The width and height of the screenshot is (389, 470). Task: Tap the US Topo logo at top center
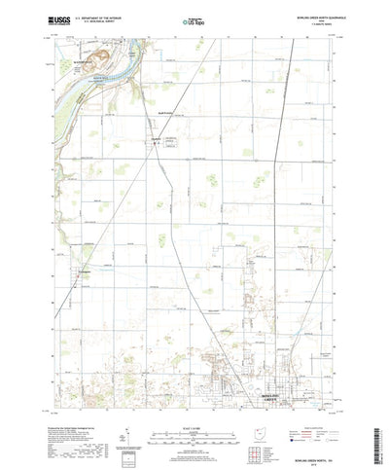coord(194,18)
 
